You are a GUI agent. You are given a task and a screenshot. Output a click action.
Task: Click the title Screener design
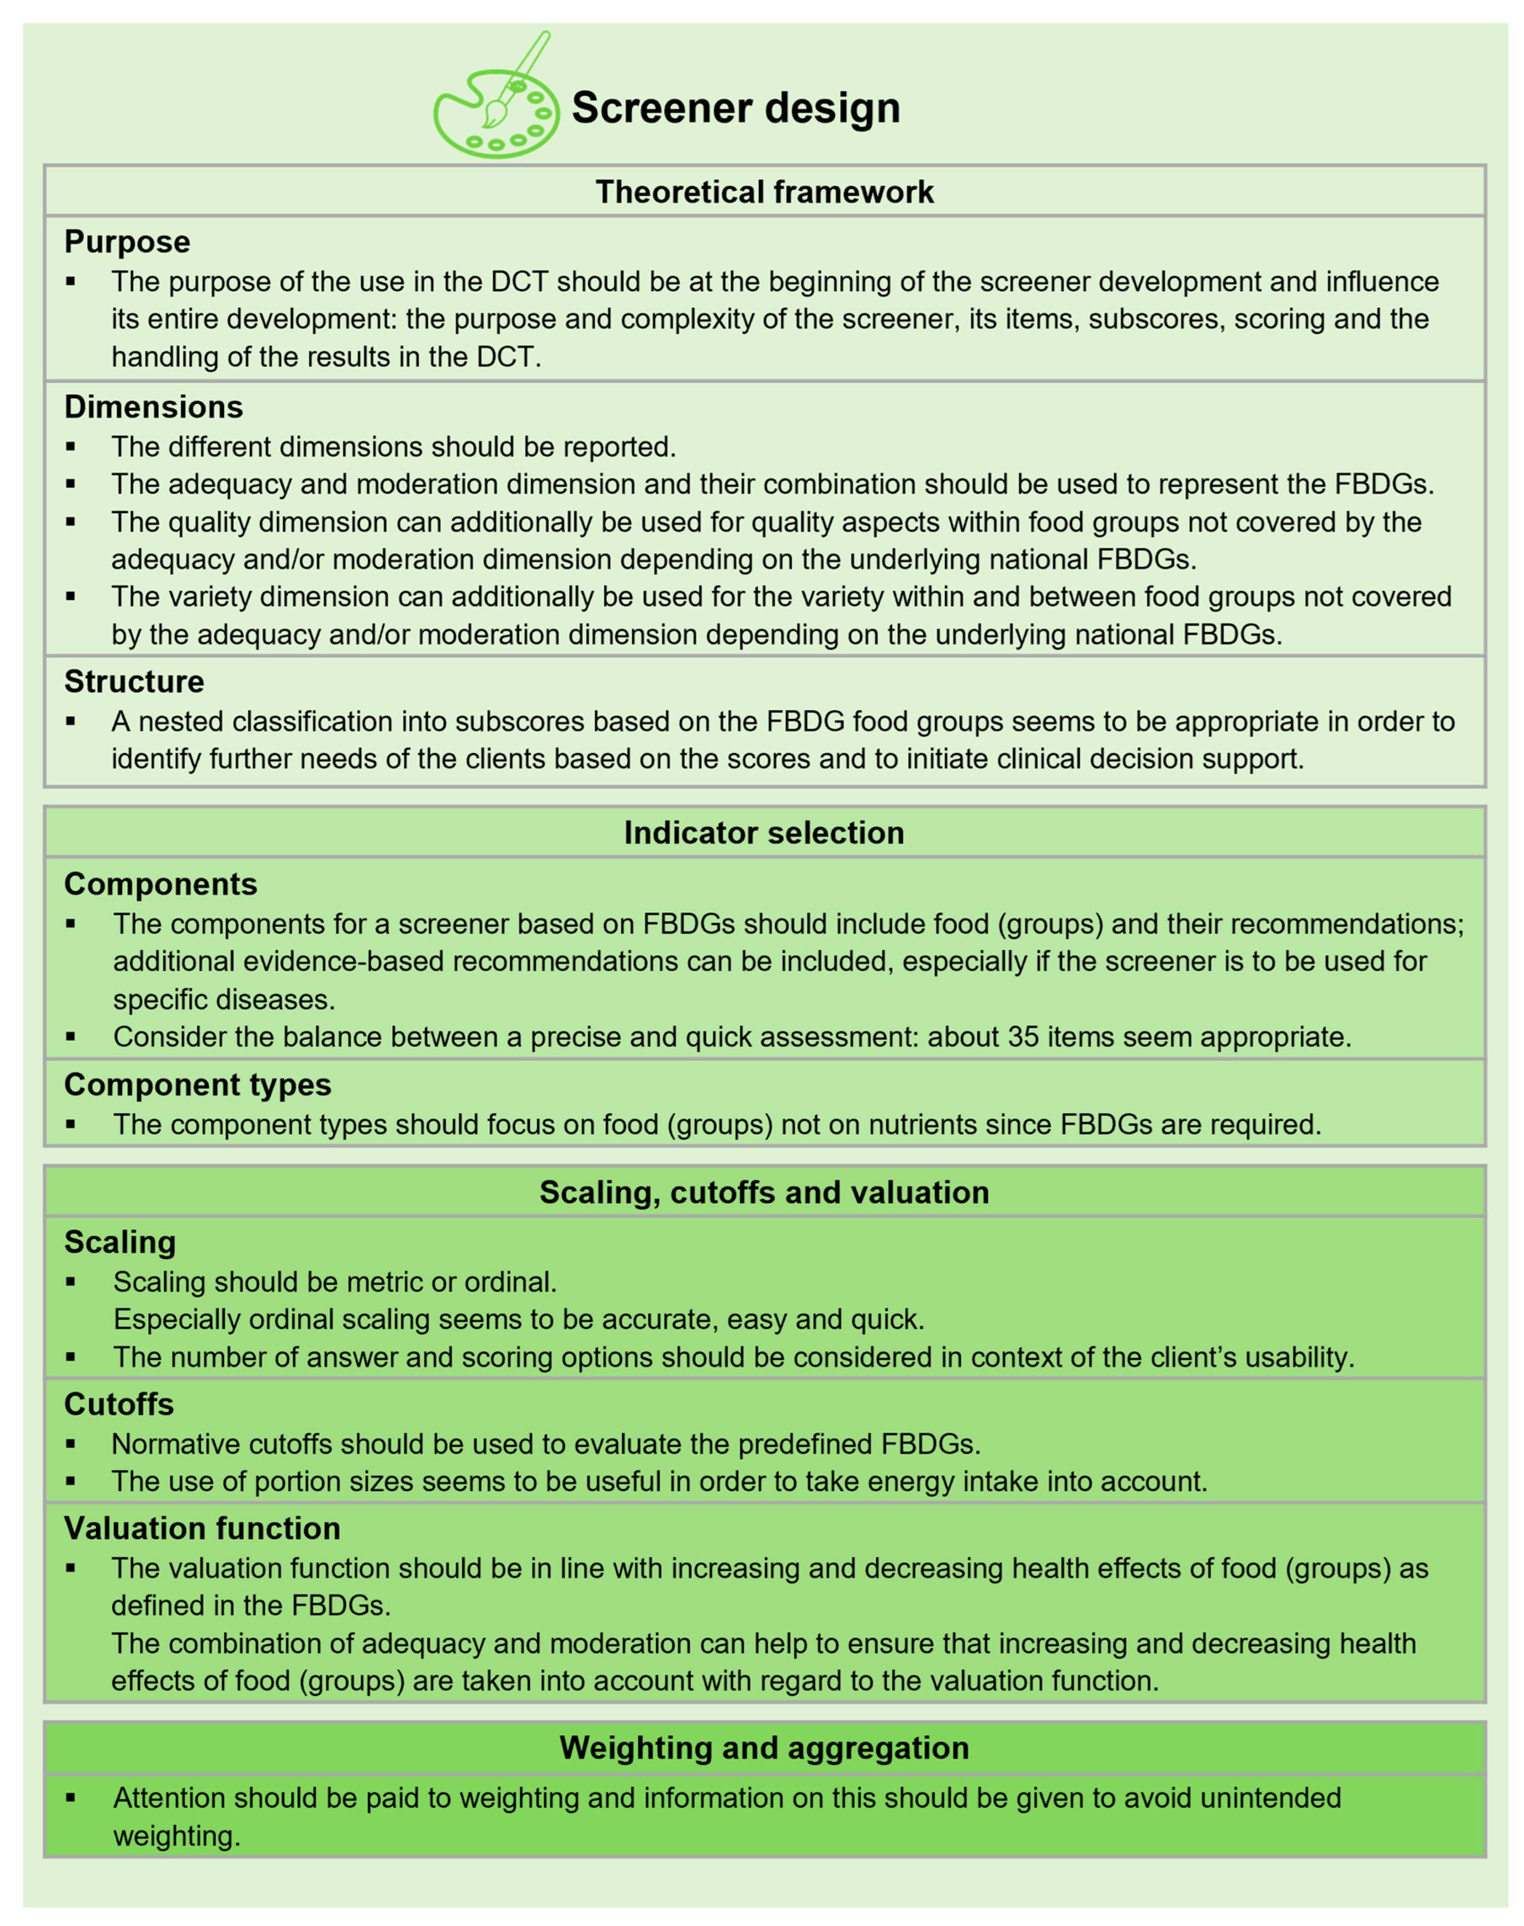[x=735, y=108]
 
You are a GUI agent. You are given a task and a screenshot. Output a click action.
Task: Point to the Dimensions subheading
[x=153, y=407]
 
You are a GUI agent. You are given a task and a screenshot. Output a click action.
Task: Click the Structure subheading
[x=134, y=682]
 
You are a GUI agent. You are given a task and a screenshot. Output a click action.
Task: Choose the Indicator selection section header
[x=764, y=832]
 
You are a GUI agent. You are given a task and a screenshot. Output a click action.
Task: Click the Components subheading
[x=161, y=884]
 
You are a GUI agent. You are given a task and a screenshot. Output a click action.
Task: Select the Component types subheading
[x=197, y=1085]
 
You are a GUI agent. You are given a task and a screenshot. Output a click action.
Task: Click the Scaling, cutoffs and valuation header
[x=764, y=1193]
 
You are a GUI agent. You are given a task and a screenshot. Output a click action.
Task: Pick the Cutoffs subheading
[x=119, y=1404]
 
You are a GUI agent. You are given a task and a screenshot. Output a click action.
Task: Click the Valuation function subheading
[x=202, y=1528]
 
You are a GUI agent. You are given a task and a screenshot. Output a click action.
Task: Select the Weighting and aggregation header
[x=764, y=1748]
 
